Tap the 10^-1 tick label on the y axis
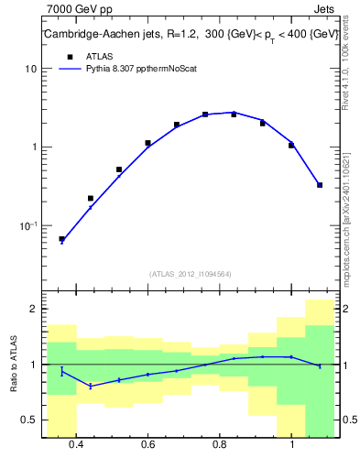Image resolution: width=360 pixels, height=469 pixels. coord(29,225)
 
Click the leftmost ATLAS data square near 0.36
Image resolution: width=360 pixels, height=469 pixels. coord(62,239)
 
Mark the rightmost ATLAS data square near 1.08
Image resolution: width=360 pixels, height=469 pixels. coord(320,185)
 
